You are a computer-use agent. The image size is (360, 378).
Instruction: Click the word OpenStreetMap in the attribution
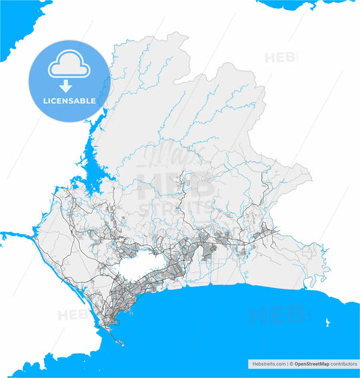[x=312, y=363]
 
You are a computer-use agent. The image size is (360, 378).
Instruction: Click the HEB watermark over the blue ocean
[x=277, y=315]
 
